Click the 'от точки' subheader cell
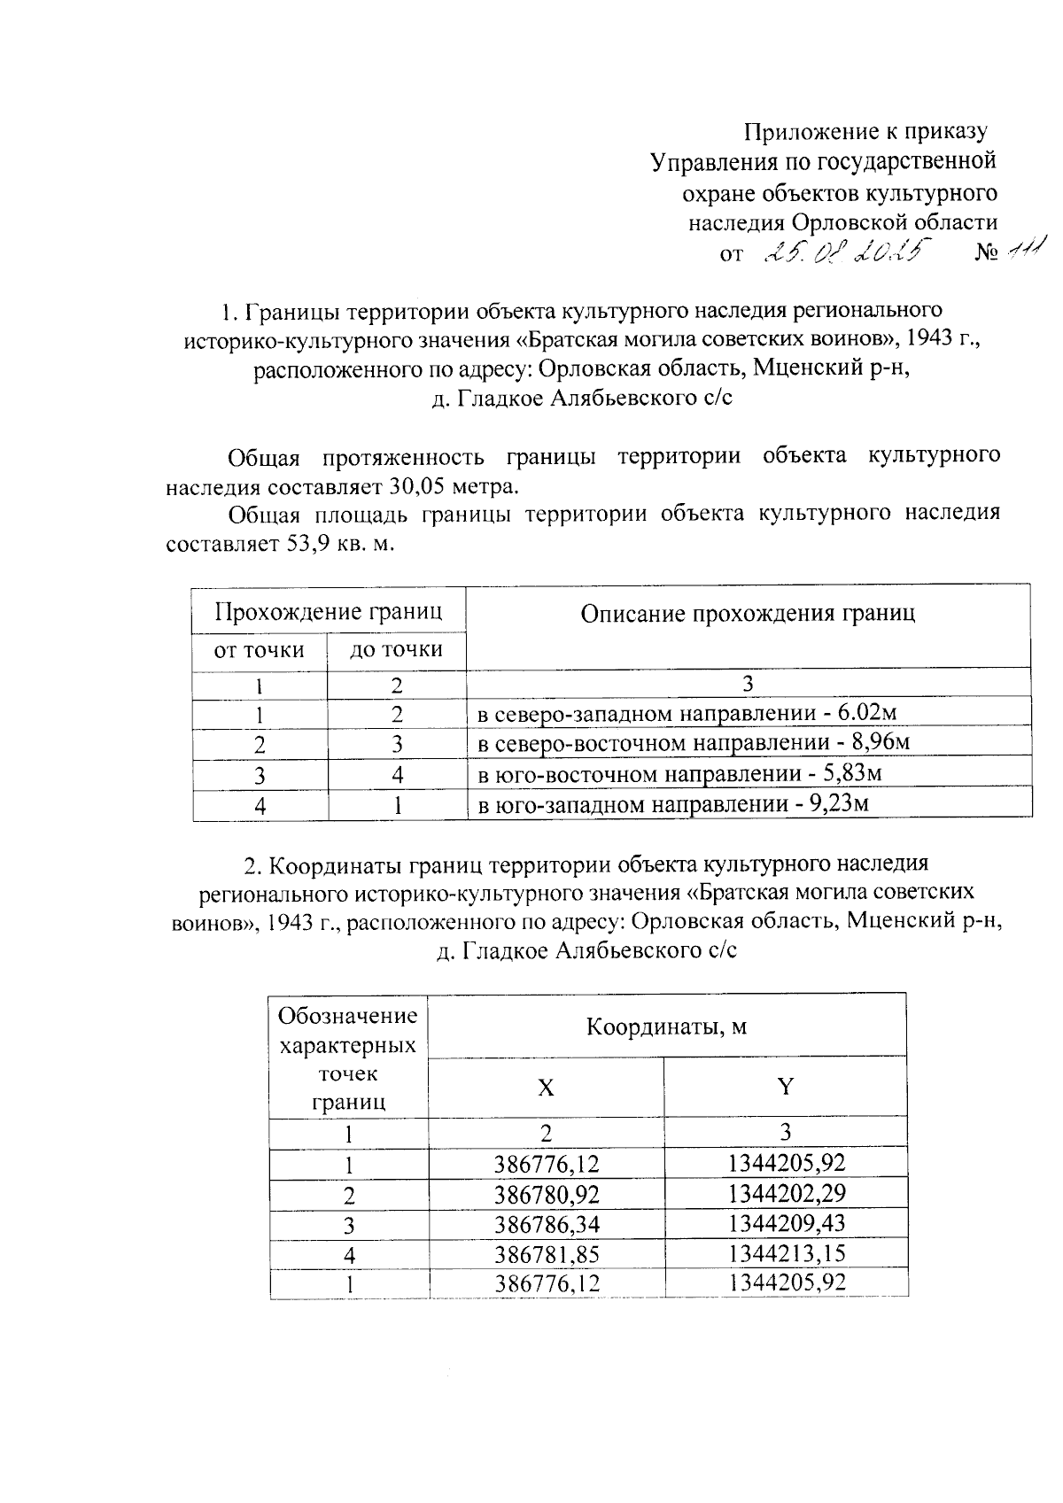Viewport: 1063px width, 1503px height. pyautogui.click(x=259, y=650)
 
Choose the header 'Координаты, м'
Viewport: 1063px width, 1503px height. pyautogui.click(x=666, y=1027)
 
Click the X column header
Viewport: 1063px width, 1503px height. pyautogui.click(x=546, y=1088)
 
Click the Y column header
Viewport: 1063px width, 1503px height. pyautogui.click(x=785, y=1088)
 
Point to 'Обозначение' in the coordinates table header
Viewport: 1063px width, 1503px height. pyautogui.click(x=347, y=1016)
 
